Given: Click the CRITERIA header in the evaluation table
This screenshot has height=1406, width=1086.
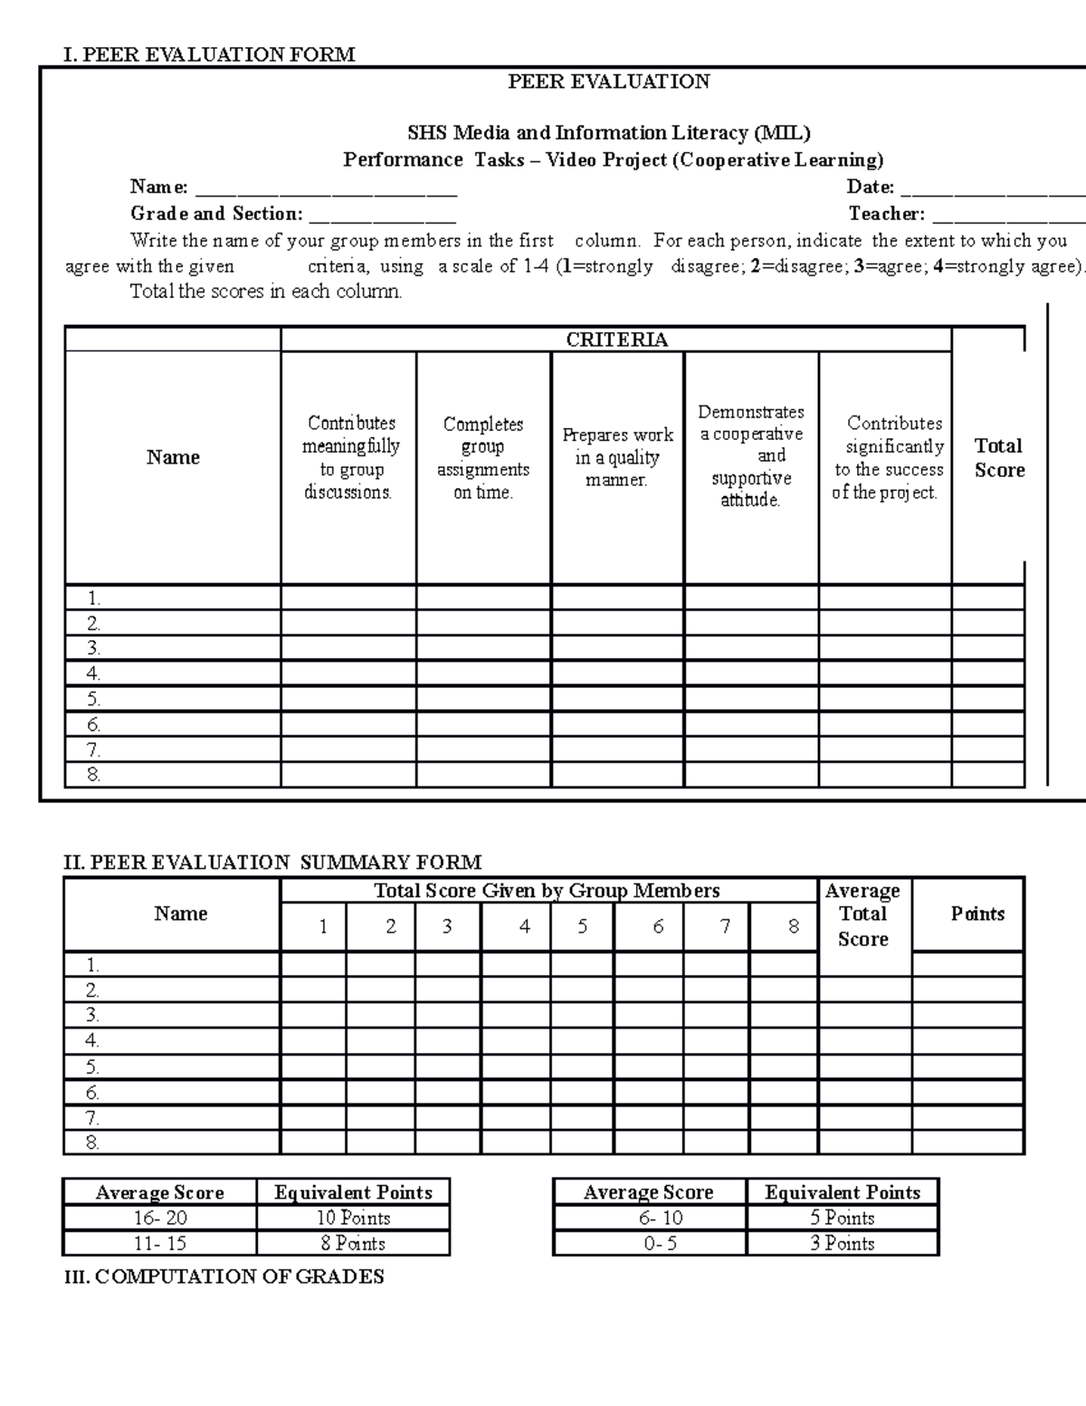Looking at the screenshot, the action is (616, 340).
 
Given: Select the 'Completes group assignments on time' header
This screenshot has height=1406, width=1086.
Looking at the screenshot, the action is (482, 458).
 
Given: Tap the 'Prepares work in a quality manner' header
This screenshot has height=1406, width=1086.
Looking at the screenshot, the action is (617, 457).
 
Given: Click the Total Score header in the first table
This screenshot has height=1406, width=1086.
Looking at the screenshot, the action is (999, 457).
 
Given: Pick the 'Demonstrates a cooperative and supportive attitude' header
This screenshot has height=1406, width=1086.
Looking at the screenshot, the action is (751, 455).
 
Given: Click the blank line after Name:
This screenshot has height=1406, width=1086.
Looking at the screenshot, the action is (326, 190).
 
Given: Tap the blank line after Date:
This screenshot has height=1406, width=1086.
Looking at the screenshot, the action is (993, 190).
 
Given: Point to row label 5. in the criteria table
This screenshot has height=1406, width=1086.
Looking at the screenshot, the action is (94, 699).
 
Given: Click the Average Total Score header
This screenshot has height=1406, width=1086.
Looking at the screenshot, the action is (862, 914).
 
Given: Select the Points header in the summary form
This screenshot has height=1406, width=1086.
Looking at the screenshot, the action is (977, 913).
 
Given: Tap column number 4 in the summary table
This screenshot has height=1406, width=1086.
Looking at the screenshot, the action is (524, 926).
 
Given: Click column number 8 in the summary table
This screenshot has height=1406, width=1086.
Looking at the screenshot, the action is (793, 926).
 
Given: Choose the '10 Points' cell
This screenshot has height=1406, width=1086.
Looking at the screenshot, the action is (353, 1218).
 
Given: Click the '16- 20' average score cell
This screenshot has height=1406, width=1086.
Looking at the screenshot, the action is (159, 1218).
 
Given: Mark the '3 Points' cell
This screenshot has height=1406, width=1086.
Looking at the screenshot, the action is (842, 1243).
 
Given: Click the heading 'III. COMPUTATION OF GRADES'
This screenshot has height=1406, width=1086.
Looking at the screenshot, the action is (224, 1277).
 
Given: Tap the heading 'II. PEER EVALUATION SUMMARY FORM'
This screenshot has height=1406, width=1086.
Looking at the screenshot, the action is (272, 862).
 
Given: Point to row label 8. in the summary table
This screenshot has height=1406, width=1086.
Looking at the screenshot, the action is (92, 1143).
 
